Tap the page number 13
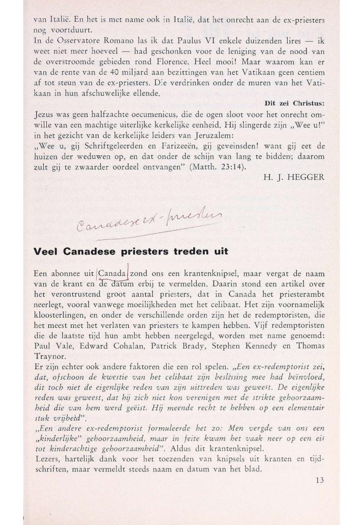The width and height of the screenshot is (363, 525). [x=320, y=481]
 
